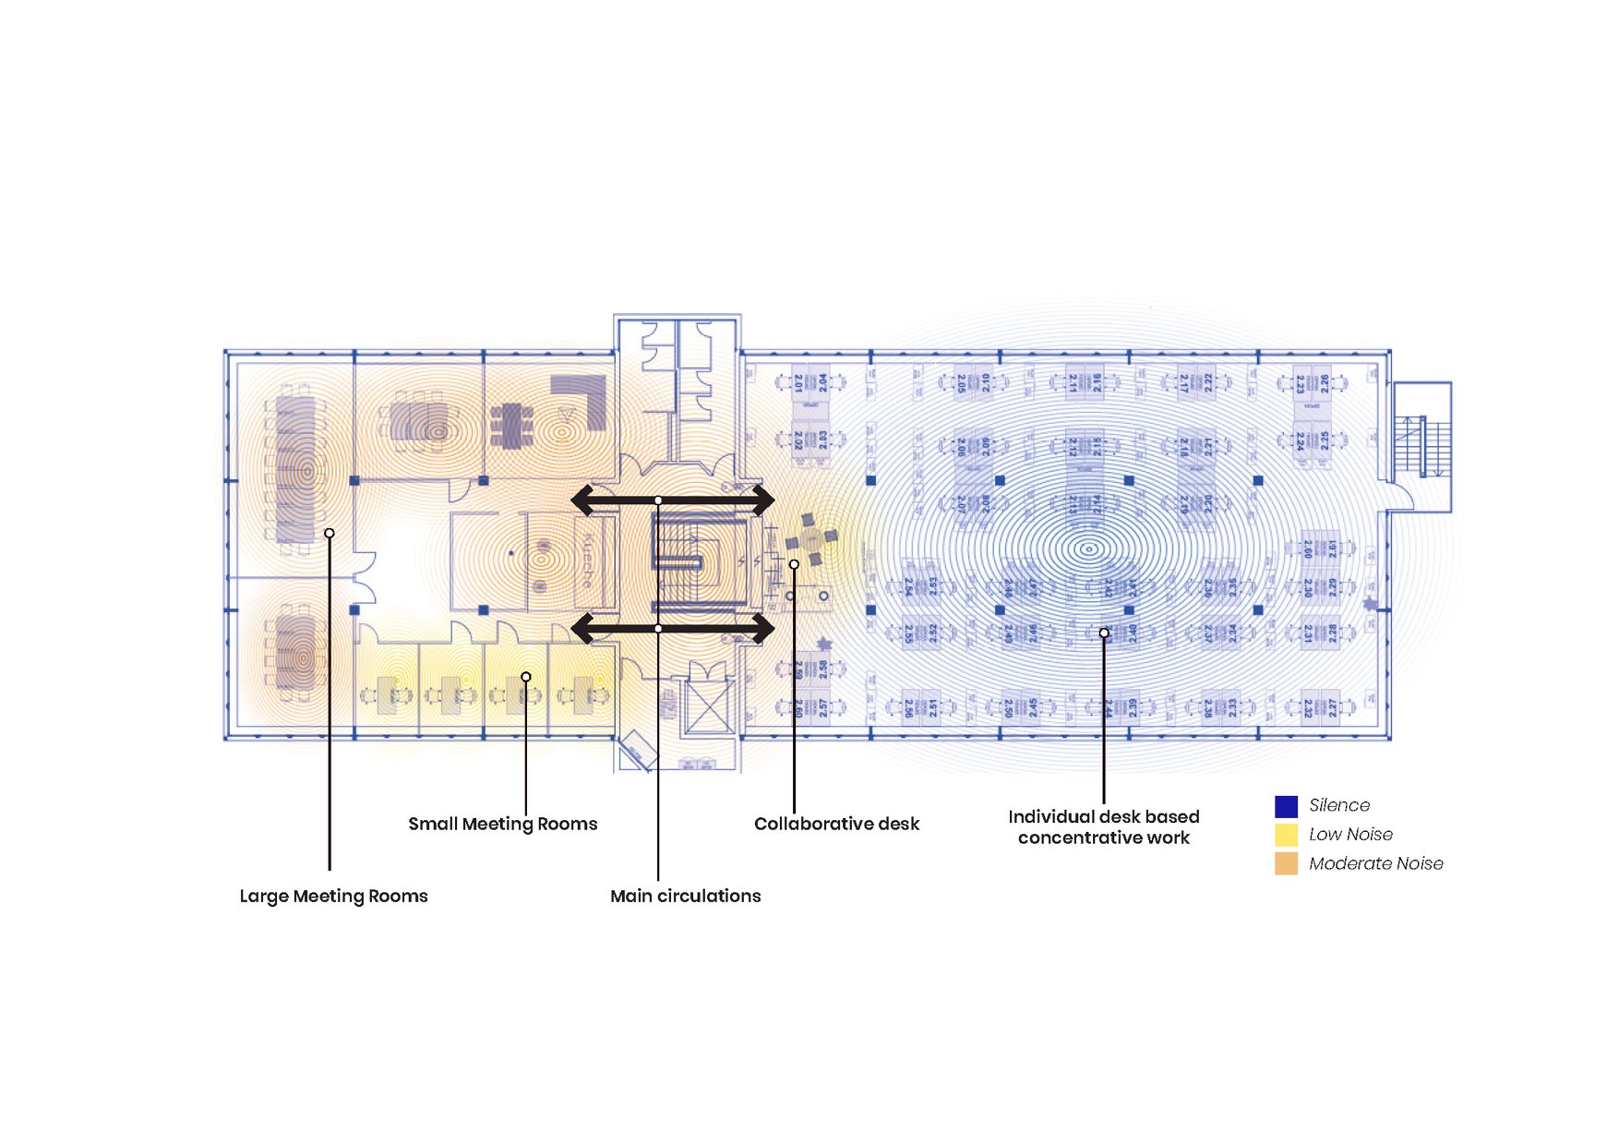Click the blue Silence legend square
[x=1286, y=806]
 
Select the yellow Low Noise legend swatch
[x=1286, y=835]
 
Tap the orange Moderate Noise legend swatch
[x=1286, y=863]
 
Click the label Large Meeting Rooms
[x=333, y=896]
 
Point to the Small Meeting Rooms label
[x=502, y=824]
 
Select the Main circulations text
[x=685, y=896]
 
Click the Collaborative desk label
[x=836, y=824]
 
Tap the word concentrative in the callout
[x=1071, y=838]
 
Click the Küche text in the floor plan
[x=587, y=560]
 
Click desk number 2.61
[x=1332, y=550]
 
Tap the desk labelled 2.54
[x=908, y=587]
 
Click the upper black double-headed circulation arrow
[x=672, y=500]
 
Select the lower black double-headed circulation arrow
[x=672, y=629]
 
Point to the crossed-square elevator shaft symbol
[x=707, y=706]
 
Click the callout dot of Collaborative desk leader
[x=794, y=564]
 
